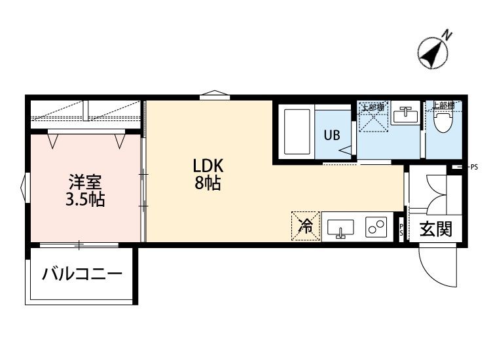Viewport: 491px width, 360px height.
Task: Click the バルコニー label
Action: (82, 274)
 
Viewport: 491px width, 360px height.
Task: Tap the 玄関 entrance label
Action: (435, 230)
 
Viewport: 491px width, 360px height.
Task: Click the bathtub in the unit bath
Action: (297, 132)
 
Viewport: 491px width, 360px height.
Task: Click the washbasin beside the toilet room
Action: (405, 116)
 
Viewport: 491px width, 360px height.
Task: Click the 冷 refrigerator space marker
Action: (305, 226)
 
